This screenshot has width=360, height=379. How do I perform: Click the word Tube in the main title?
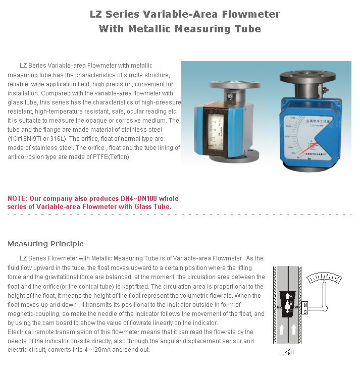(x=247, y=29)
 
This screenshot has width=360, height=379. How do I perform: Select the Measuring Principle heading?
(x=45, y=244)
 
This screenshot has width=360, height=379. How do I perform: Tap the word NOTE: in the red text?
(x=18, y=198)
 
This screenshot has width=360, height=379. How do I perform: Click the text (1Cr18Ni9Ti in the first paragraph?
(x=26, y=138)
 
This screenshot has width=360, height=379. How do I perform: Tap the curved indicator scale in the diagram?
(x=326, y=278)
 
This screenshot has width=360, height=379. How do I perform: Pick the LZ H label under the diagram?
(x=287, y=352)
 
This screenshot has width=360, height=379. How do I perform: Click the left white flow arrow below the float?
(x=282, y=330)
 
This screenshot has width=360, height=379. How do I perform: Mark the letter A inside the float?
(x=288, y=296)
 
